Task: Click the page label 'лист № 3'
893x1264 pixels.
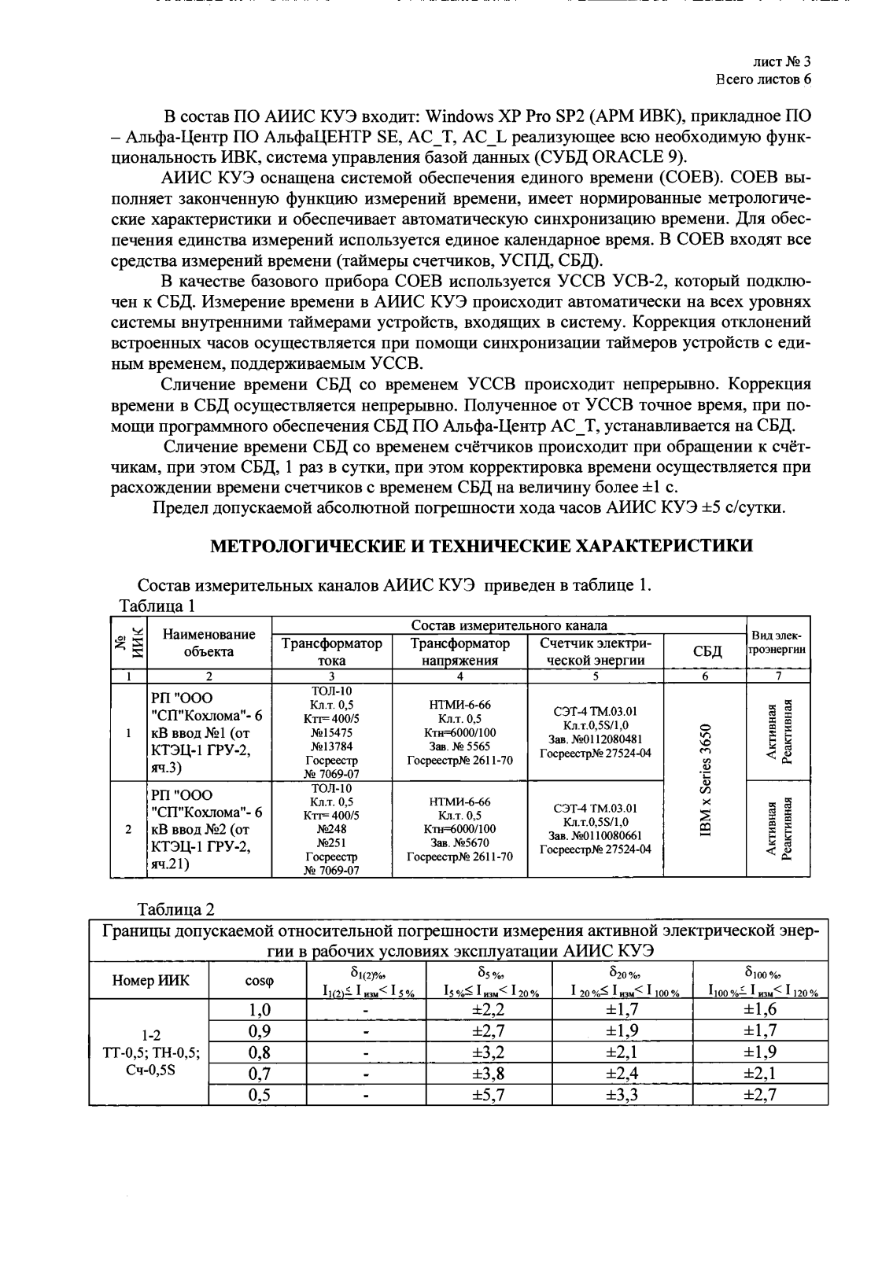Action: (781, 62)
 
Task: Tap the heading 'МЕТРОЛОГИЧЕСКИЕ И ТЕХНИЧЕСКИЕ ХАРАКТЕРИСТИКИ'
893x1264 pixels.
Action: (482, 546)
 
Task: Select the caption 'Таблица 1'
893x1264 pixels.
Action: (155, 606)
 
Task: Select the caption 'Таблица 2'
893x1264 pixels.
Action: (175, 909)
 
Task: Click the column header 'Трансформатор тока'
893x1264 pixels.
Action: (331, 651)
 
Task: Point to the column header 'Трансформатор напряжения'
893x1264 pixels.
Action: (459, 651)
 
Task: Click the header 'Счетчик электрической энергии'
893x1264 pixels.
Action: (596, 651)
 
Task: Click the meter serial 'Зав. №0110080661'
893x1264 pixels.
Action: (596, 835)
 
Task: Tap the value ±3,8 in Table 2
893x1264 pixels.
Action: (488, 1074)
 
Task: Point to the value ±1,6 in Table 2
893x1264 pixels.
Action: (759, 1009)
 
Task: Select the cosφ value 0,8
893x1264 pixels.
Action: (259, 1052)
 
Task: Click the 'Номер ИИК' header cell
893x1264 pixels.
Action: (149, 980)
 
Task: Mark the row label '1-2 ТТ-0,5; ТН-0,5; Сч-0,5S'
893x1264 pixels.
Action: (149, 1052)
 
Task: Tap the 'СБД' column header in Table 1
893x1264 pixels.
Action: (706, 651)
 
